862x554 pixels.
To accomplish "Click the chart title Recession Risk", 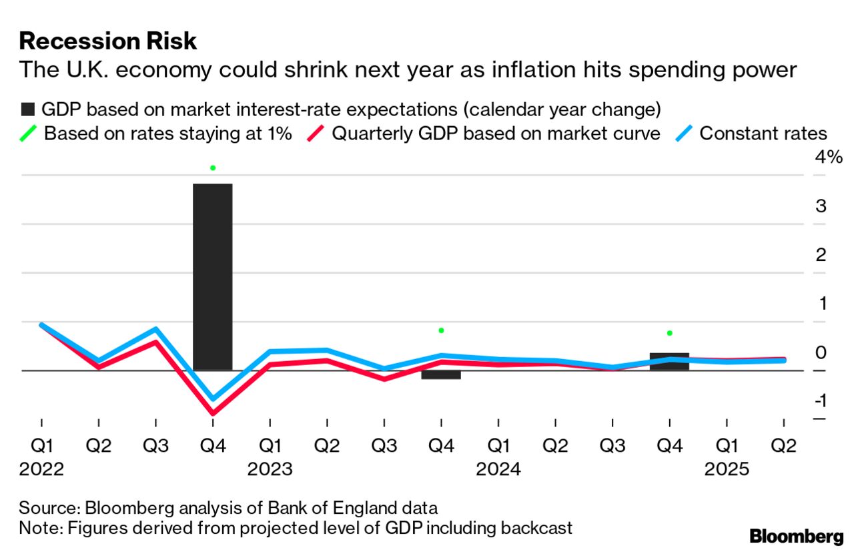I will coord(108,41).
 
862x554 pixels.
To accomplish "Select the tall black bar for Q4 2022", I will coord(213,276).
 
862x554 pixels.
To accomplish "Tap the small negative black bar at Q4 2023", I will coord(441,375).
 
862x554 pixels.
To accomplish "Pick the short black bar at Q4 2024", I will coord(669,361).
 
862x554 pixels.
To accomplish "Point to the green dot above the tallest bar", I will coord(213,168).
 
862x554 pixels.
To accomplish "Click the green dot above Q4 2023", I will coord(441,330).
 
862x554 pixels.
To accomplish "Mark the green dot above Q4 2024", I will coord(669,333).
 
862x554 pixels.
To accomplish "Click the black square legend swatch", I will coord(27,109).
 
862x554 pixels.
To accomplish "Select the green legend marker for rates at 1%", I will coord(27,133).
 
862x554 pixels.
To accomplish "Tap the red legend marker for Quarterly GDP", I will coord(316,133).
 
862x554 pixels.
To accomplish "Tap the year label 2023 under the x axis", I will coord(270,470).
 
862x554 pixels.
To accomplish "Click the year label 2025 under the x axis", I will coord(727,470).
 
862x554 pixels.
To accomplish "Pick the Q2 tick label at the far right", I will coord(783,446).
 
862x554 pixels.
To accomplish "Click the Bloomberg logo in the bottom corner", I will coord(797,536).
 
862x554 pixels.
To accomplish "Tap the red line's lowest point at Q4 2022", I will coord(213,413).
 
